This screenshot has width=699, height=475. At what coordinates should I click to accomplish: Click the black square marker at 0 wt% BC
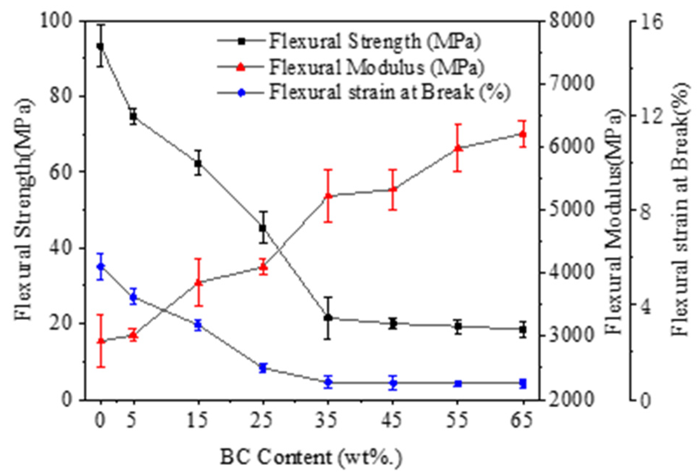pyautogui.click(x=100, y=46)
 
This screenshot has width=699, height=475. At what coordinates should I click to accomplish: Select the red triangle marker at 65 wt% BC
pyautogui.click(x=523, y=134)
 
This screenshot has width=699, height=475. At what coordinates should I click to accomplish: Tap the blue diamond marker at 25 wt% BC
pyautogui.click(x=263, y=368)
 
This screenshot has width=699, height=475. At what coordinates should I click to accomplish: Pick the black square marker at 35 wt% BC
pyautogui.click(x=328, y=318)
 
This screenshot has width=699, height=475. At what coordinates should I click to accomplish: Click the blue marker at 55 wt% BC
pyautogui.click(x=458, y=384)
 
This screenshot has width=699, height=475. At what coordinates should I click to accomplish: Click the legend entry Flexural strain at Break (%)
pyautogui.click(x=389, y=92)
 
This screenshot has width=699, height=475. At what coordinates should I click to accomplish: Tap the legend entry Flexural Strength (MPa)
pyautogui.click(x=374, y=41)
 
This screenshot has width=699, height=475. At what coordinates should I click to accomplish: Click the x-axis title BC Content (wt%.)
pyautogui.click(x=311, y=457)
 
